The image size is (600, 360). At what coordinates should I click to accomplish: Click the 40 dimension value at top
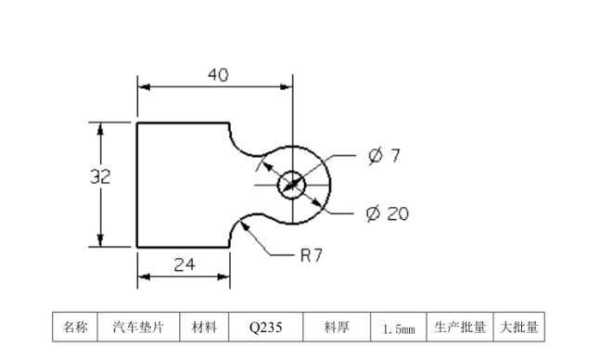(x=217, y=75)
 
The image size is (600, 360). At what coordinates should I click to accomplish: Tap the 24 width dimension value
(x=185, y=264)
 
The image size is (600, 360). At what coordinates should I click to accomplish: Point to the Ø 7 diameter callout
(x=383, y=155)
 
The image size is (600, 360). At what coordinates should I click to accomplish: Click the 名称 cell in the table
(x=74, y=328)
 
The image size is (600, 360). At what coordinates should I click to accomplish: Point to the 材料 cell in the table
(x=204, y=328)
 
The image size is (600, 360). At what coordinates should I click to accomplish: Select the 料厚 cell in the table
(x=336, y=328)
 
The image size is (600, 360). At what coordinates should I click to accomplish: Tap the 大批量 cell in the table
(x=517, y=328)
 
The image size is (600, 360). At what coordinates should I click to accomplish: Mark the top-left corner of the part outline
(x=137, y=122)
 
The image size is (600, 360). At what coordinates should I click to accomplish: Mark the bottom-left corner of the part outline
(x=137, y=248)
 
